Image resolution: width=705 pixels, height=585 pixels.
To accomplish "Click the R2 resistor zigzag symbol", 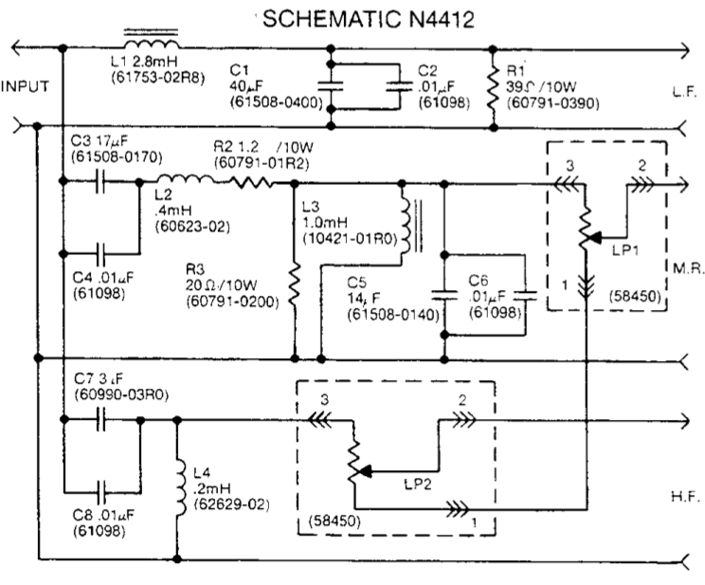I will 248,181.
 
